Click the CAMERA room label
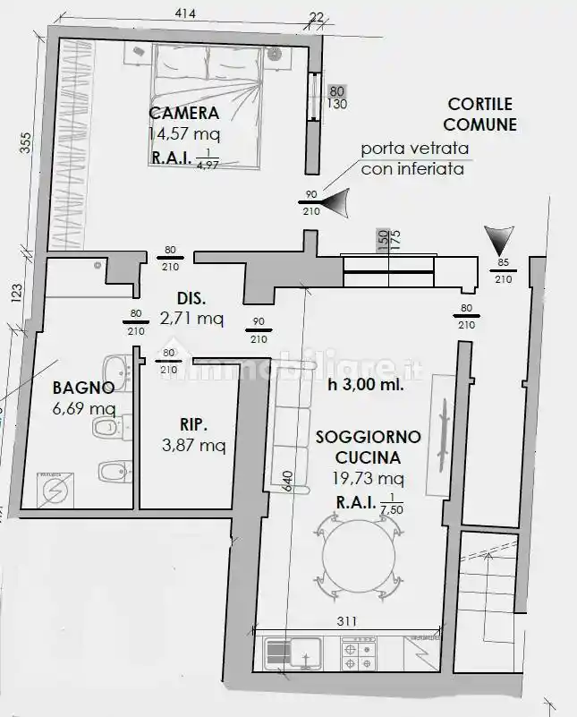(x=184, y=114)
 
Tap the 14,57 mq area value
(x=184, y=133)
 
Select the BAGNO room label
(x=82, y=388)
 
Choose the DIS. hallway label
(x=191, y=298)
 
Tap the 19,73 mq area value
(x=369, y=478)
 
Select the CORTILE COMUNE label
(x=480, y=115)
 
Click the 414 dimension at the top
(x=185, y=13)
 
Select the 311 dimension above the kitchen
(x=347, y=621)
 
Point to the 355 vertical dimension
(x=25, y=143)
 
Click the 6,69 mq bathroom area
(x=84, y=409)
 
